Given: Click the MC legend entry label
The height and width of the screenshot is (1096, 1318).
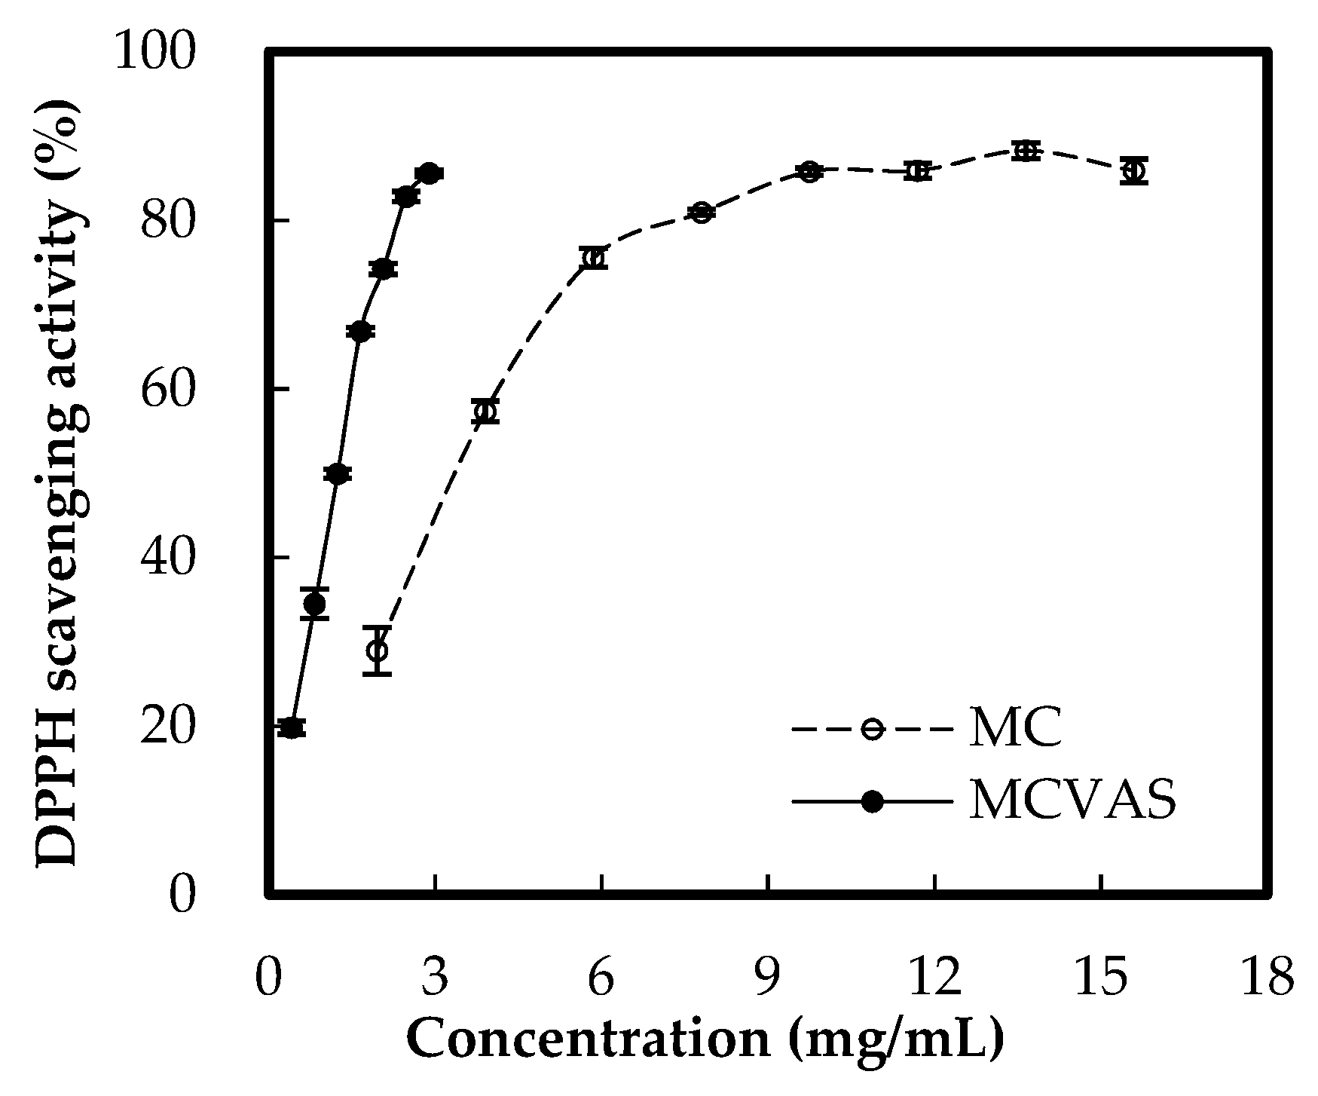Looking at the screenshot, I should [x=1015, y=728].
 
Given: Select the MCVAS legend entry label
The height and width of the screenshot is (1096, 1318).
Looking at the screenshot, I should [x=1072, y=802].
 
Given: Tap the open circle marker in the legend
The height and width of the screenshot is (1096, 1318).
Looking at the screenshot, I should [x=872, y=729].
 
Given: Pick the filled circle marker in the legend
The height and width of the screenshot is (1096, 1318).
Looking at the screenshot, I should [x=872, y=803].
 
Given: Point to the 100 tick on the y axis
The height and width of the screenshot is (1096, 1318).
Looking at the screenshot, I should [x=154, y=53].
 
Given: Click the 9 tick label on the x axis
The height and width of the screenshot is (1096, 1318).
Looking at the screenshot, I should [x=768, y=978].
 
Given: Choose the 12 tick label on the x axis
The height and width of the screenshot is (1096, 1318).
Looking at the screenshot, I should [x=935, y=978].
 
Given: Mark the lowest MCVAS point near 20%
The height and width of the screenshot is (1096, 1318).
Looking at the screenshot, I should [x=292, y=727].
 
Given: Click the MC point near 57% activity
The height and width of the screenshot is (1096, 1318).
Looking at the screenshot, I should [x=486, y=412].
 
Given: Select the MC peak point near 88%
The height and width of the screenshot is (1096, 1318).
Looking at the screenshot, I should [x=1023, y=151].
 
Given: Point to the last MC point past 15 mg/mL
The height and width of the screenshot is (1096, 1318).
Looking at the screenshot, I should [x=1133, y=171].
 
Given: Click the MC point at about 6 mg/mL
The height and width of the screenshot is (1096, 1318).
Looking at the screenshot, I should [x=594, y=258].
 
